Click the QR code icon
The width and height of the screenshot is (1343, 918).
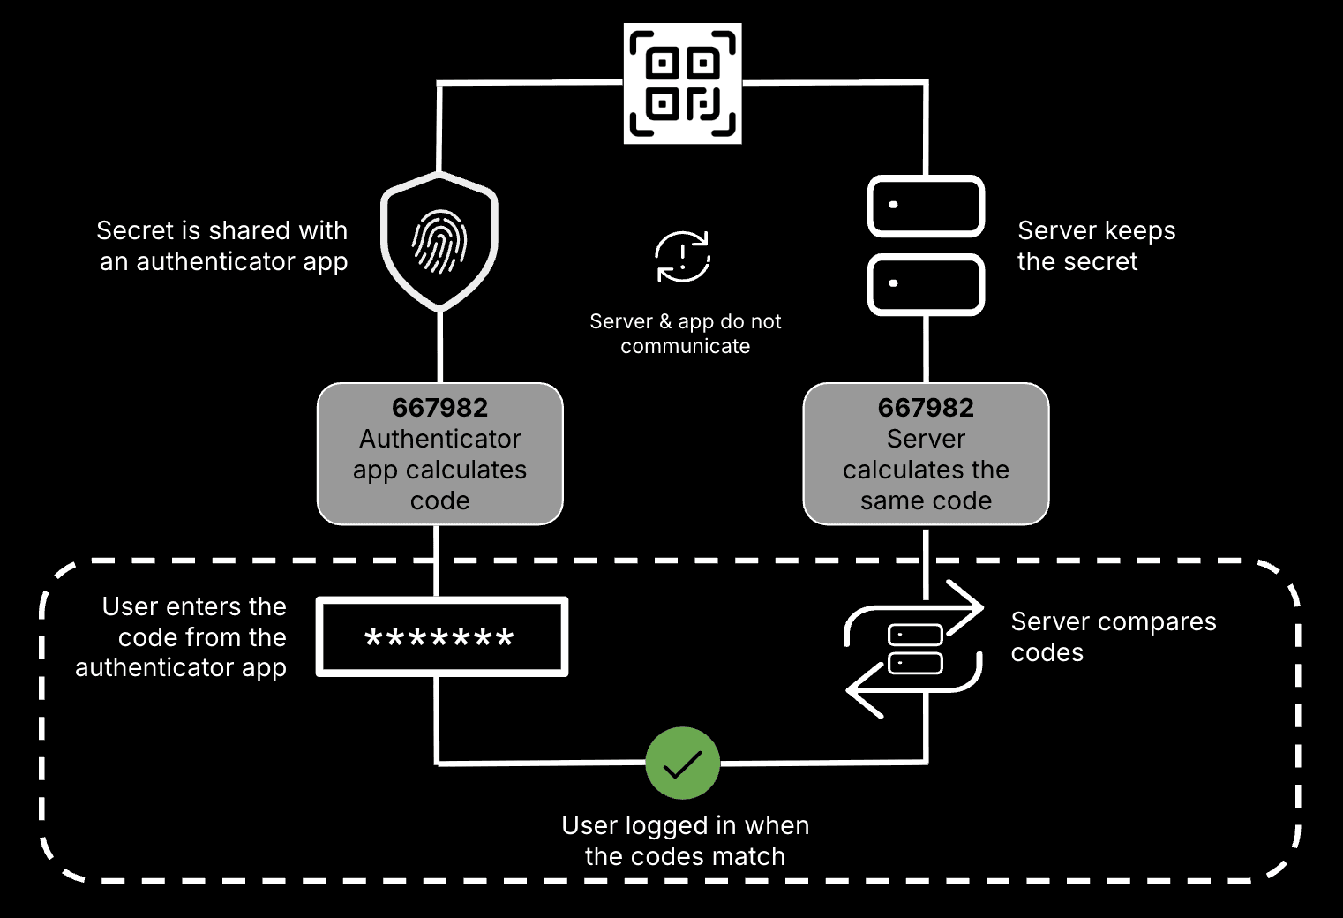682,84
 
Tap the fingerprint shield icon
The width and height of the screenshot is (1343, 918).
439,242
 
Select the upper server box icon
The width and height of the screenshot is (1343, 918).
926,207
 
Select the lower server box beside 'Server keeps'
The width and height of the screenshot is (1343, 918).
926,284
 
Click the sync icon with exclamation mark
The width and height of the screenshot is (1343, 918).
682,257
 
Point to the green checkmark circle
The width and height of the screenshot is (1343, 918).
682,764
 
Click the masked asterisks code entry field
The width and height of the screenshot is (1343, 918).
441,637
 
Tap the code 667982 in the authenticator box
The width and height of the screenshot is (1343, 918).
439,408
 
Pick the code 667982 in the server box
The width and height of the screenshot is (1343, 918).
926,408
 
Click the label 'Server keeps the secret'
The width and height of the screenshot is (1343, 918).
1096,246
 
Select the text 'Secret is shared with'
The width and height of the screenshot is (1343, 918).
221,231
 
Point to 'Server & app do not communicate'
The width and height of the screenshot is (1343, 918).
685,334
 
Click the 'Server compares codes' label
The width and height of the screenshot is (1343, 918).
1113,636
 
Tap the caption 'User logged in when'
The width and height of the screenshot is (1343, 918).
685,825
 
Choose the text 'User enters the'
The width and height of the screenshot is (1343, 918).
194,607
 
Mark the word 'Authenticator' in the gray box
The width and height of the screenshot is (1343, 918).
439,439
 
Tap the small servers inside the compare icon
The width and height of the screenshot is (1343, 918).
915,649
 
